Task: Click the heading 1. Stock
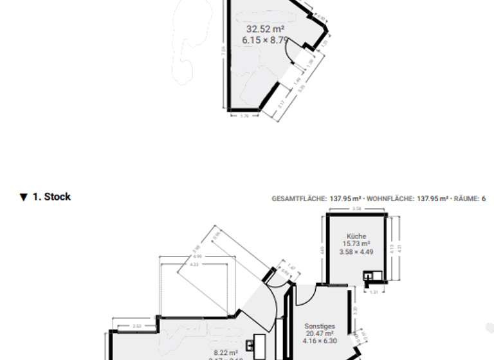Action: point(51,197)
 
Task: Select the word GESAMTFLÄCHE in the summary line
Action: point(299,199)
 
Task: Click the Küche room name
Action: point(356,236)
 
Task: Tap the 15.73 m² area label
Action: point(356,244)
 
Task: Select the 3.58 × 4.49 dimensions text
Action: point(356,252)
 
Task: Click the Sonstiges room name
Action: point(320,326)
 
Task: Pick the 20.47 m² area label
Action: point(320,334)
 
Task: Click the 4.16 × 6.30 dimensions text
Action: point(320,341)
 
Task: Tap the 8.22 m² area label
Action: point(226,352)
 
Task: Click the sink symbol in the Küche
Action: point(369,276)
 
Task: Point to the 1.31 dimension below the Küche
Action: point(374,291)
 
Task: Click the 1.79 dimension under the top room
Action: point(244,116)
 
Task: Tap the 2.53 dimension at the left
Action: point(136,326)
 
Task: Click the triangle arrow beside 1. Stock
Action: point(24,197)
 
